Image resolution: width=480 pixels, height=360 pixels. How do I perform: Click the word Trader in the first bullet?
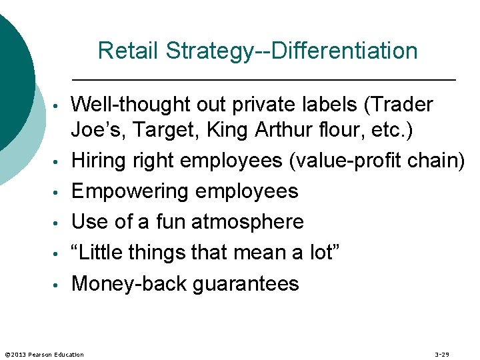pyautogui.click(x=401, y=105)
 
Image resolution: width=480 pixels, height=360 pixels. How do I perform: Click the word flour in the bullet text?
pyautogui.click(x=344, y=131)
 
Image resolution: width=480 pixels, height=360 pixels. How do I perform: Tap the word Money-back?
pyautogui.click(x=129, y=283)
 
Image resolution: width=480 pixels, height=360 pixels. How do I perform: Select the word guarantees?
pyautogui.click(x=245, y=283)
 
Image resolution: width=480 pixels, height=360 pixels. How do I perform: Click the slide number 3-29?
pyautogui.click(x=441, y=354)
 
